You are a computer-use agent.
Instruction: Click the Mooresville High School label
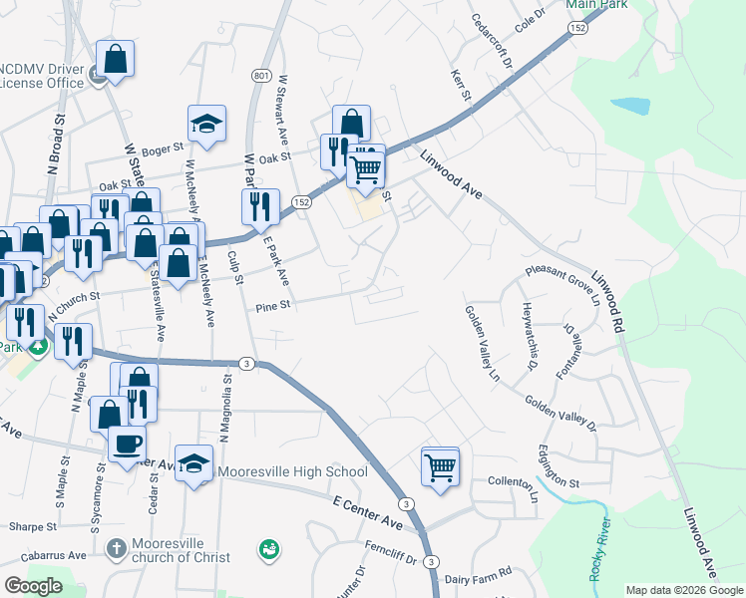pos(291,471)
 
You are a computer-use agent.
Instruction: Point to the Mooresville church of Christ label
pos(183,550)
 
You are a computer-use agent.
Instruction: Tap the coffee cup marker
pos(127,444)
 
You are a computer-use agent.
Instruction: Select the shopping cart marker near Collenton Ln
pos(441,466)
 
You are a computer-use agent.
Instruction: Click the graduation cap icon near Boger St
pos(206,125)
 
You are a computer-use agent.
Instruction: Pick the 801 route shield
pos(261,76)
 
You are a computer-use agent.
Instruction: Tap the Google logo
pos(33,585)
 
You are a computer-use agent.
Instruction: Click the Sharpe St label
pos(28,525)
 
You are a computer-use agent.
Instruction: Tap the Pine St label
pos(271,306)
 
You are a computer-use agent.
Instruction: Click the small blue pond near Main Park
pos(628,105)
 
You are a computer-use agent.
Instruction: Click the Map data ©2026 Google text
pos(684,590)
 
